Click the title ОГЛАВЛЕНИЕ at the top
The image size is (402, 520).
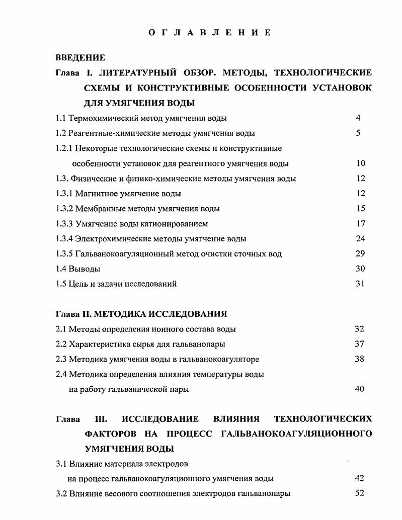coord(210,33)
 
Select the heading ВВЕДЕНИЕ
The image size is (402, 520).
coord(80,58)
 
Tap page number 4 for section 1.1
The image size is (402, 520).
coord(358,118)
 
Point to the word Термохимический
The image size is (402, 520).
coord(98,118)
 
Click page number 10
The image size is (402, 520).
coord(360,163)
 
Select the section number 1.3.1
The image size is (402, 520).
coord(64,194)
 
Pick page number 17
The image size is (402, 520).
coord(360,223)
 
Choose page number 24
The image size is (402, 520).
coord(360,238)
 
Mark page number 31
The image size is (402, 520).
coord(360,284)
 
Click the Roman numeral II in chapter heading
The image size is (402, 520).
coord(87,314)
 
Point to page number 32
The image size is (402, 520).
coord(359,329)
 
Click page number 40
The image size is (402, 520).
coord(359,389)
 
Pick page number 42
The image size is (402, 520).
coord(359,478)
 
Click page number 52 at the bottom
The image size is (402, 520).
coord(359,493)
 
